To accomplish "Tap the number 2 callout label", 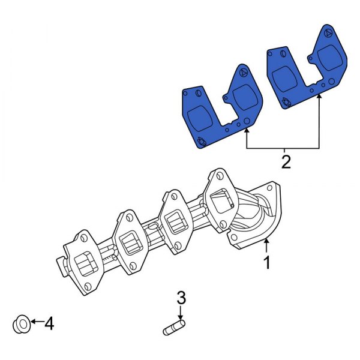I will pos(286,161).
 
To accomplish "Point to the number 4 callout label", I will pos(49,325).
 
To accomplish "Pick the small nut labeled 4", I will pos(21,325).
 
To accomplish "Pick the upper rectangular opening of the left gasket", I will pos(244,96).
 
